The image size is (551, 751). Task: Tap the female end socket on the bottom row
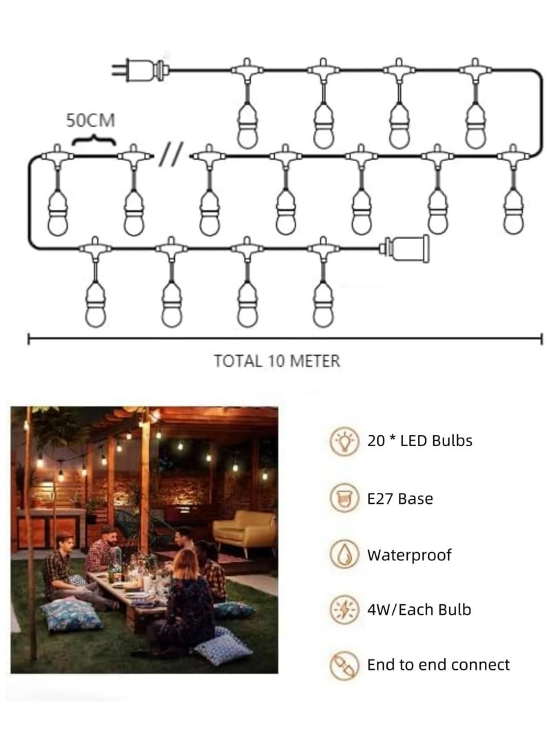[406, 248]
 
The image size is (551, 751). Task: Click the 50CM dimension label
[90, 120]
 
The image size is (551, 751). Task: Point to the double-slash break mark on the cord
[170, 156]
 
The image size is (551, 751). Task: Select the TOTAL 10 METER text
[277, 361]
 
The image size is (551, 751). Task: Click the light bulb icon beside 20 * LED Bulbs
[342, 441]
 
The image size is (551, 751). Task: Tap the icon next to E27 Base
[342, 498]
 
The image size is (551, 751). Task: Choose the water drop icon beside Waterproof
[342, 554]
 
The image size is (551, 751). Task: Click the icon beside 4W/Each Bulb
[342, 609]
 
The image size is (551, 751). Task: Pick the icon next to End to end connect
[342, 664]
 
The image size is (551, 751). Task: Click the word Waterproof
[409, 555]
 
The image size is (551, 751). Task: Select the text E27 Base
[400, 498]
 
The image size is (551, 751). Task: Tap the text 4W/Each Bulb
[419, 609]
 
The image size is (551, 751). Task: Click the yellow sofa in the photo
[244, 531]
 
